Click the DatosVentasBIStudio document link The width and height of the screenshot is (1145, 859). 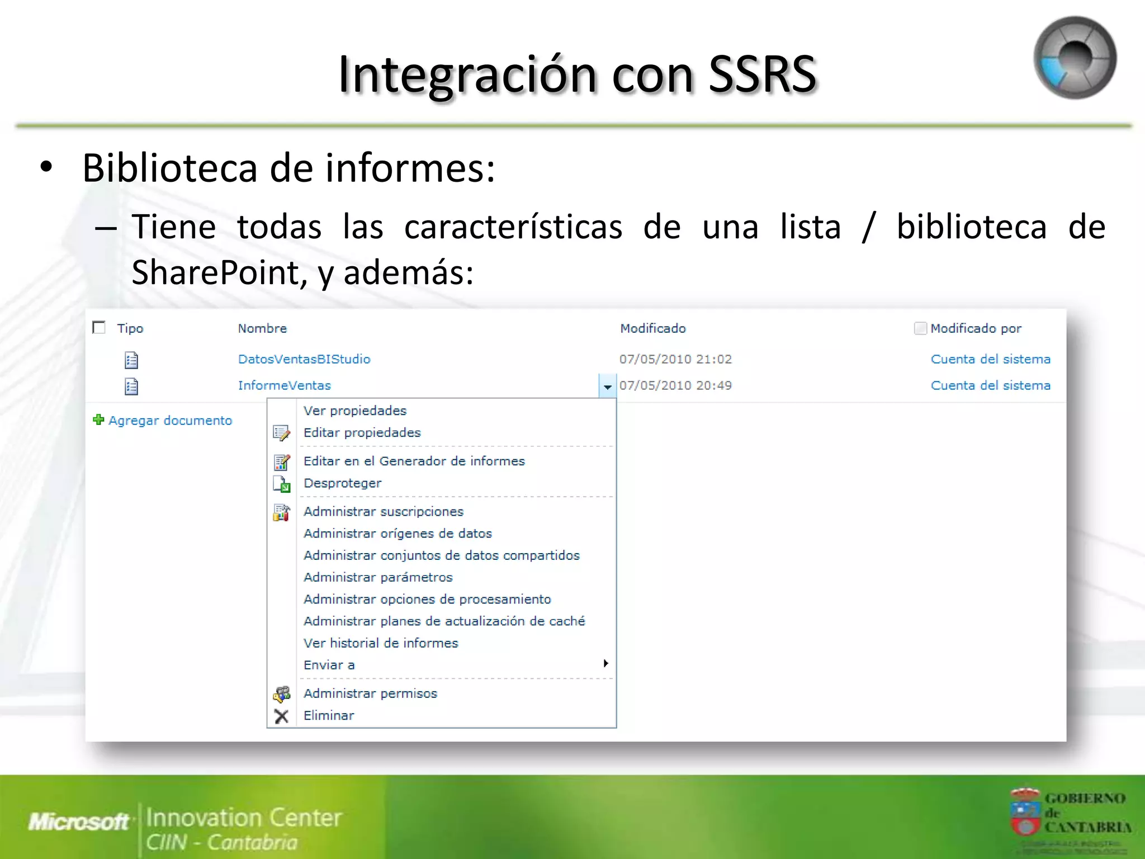[x=304, y=359]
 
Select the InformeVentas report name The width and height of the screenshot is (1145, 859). [x=284, y=385]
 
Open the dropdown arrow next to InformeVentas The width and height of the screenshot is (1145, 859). [x=607, y=386]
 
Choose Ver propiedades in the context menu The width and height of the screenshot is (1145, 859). [x=355, y=410]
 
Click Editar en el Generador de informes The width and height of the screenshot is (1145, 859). [x=414, y=461]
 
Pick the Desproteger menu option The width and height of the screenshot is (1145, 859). [x=342, y=483]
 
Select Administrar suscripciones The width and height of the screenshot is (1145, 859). [x=384, y=511]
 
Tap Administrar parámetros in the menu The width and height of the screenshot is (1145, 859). [x=378, y=577]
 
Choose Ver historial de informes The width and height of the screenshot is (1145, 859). [x=381, y=643]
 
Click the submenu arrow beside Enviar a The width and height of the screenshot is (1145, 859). [x=605, y=664]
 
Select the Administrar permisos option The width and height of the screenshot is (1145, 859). [x=370, y=693]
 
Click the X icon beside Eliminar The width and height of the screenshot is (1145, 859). [x=282, y=716]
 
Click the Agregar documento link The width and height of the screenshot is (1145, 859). [x=170, y=421]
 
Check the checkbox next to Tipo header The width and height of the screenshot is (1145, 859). [x=99, y=328]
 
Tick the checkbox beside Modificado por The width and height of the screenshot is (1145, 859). [x=920, y=328]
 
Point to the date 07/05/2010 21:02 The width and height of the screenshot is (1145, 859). [x=675, y=359]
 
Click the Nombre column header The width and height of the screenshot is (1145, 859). [x=262, y=328]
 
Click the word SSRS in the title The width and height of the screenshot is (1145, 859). [x=763, y=74]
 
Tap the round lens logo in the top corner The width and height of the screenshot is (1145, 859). [x=1075, y=58]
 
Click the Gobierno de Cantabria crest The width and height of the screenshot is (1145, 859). [x=1024, y=811]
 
